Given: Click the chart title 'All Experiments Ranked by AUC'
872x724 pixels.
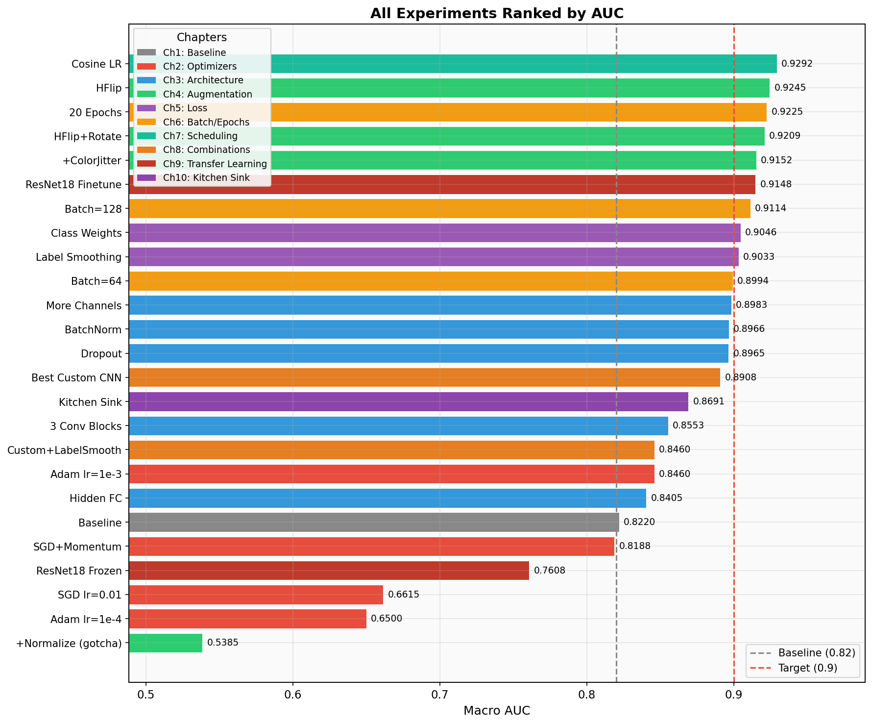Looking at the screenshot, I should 496,13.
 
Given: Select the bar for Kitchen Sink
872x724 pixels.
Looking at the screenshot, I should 408,401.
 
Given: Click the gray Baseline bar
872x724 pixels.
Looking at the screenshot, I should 373,522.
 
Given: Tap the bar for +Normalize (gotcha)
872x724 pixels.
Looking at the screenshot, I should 166,643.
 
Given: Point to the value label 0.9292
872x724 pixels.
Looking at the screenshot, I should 797,64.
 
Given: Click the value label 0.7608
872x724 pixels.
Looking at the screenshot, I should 549,571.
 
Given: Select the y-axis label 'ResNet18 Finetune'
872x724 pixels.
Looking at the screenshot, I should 73,185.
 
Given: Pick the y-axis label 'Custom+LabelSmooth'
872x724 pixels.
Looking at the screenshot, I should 64,450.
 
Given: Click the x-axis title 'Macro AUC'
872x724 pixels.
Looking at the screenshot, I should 496,711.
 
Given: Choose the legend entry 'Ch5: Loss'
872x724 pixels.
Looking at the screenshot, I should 185,108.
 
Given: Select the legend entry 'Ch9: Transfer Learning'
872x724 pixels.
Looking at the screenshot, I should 215,164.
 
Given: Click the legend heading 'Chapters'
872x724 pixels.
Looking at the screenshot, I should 201,38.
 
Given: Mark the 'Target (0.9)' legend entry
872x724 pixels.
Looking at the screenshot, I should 807,668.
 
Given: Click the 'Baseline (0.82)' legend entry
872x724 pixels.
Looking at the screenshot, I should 816,652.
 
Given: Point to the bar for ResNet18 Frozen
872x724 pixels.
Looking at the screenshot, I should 329,571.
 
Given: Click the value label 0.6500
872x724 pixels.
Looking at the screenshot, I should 386,619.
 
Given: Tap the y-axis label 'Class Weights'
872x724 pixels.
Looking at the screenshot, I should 86,233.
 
